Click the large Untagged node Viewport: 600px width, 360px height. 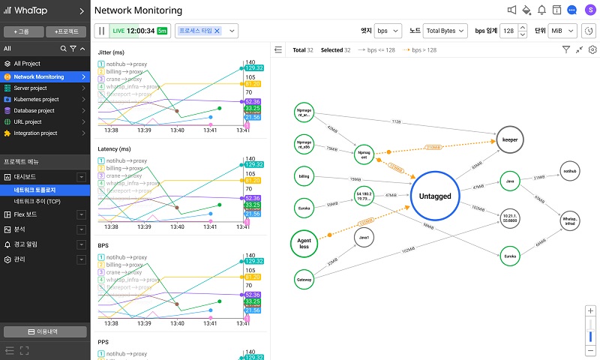click(x=434, y=196)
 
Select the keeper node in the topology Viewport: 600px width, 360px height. click(x=511, y=139)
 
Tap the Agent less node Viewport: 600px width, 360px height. click(x=304, y=242)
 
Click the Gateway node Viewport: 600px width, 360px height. click(x=304, y=279)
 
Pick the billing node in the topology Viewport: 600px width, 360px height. click(x=304, y=177)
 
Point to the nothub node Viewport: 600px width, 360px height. click(x=570, y=172)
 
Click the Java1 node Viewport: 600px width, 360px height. click(x=365, y=238)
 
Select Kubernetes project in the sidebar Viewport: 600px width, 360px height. click(x=36, y=99)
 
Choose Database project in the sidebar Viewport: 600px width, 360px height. click(x=34, y=110)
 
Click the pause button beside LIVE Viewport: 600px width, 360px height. click(x=101, y=31)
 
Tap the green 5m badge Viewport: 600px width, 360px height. click(x=162, y=31)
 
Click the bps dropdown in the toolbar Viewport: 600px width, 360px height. click(x=388, y=31)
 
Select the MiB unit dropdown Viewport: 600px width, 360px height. click(x=562, y=31)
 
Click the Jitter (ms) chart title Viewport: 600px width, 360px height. click(x=111, y=52)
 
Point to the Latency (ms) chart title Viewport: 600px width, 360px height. click(x=114, y=149)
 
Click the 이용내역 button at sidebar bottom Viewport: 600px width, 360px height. click(x=44, y=331)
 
